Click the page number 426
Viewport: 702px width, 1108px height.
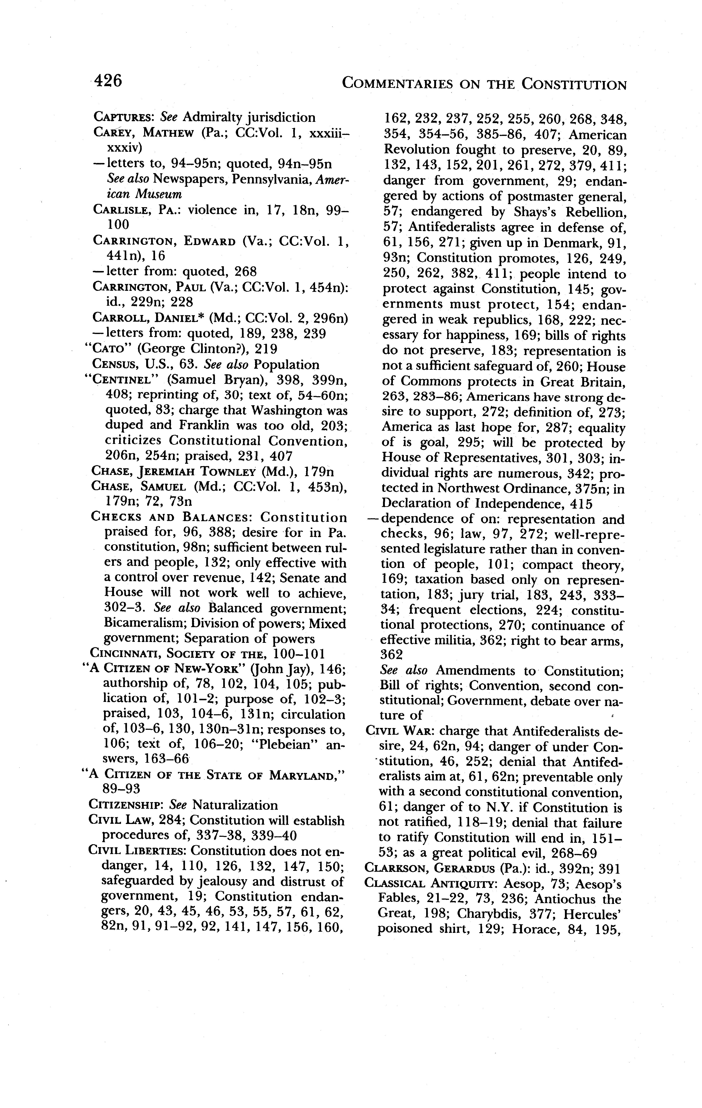(109, 81)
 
